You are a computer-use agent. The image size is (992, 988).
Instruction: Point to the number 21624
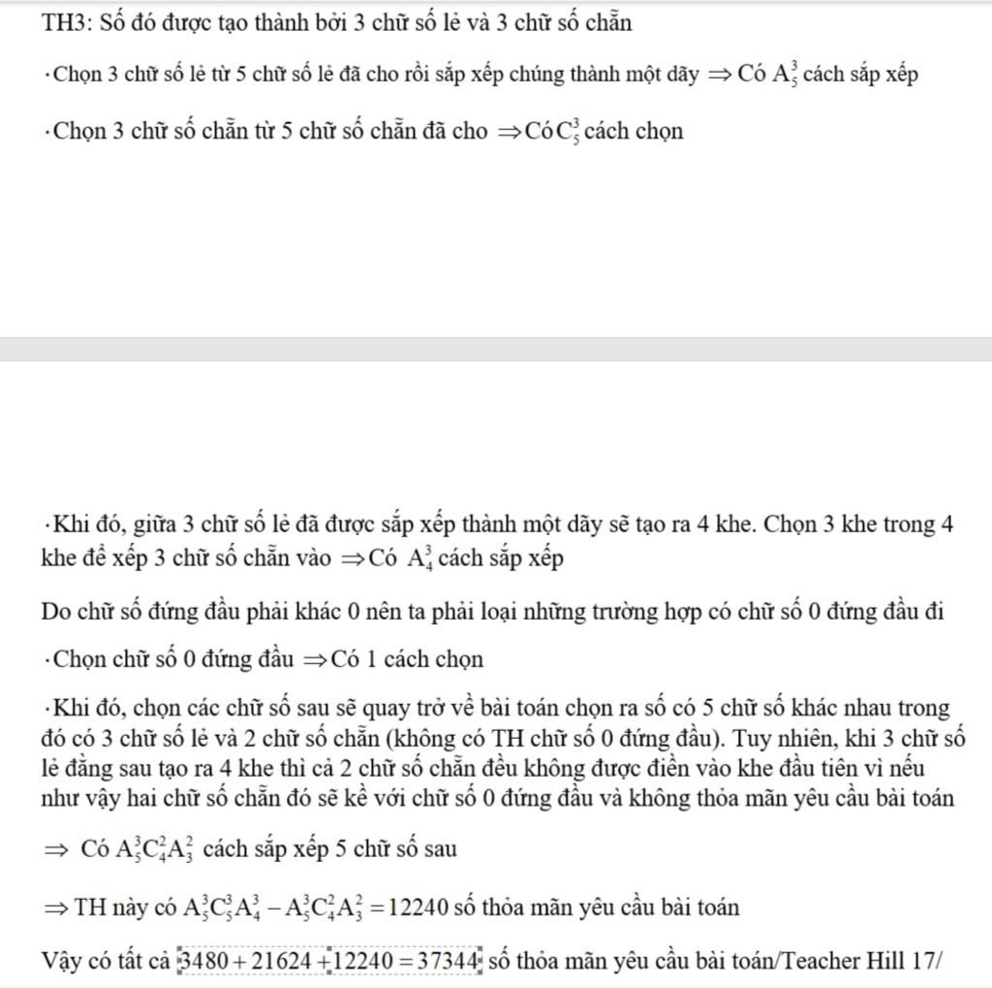[x=286, y=962]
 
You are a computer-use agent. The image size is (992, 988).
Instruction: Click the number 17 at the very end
[x=923, y=962]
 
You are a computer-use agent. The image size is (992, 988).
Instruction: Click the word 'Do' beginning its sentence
[x=56, y=612]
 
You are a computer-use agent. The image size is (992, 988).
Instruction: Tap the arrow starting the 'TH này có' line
[x=54, y=908]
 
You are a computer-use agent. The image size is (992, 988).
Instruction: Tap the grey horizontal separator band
[x=496, y=349]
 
